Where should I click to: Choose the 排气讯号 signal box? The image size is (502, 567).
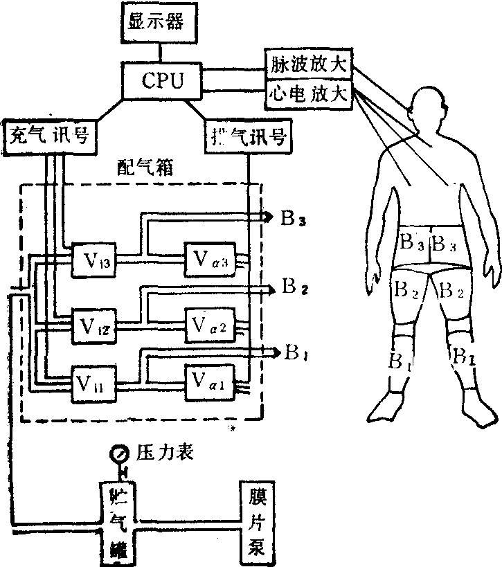tap(247, 135)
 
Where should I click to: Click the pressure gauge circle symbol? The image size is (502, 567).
tap(118, 454)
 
